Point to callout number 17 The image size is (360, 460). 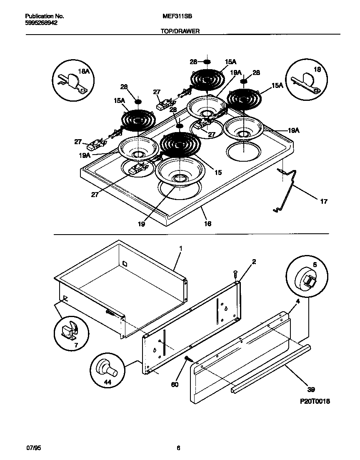click(x=323, y=202)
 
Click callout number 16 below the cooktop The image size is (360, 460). click(x=207, y=224)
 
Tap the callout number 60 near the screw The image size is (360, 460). click(x=175, y=384)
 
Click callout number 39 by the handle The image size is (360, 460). click(x=311, y=390)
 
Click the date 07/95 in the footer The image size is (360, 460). click(x=32, y=448)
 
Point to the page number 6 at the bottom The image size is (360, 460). click(x=178, y=448)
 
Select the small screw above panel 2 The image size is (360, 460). click(x=235, y=273)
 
